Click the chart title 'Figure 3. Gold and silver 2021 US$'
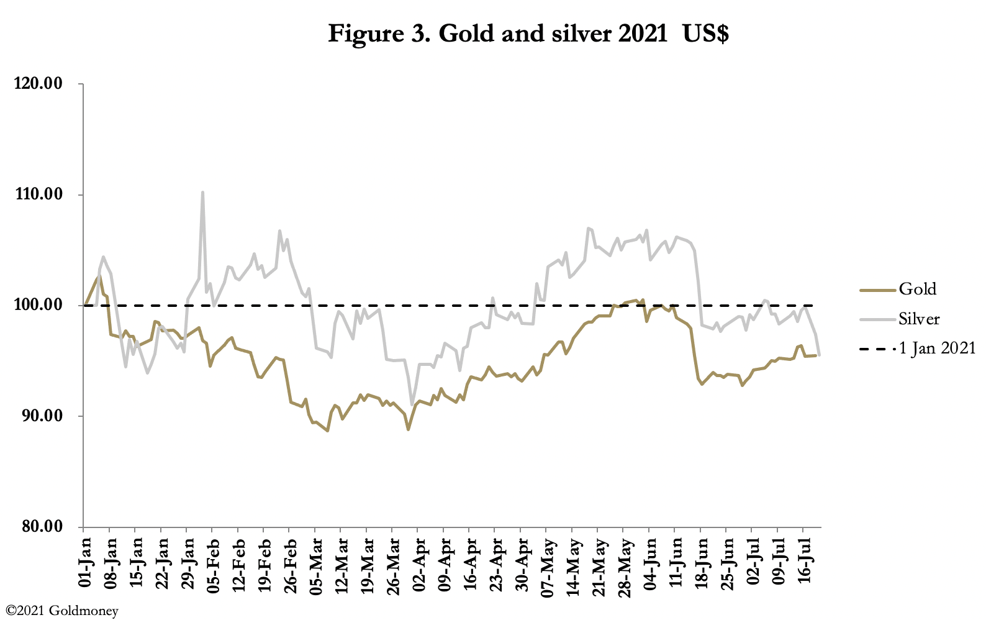(528, 34)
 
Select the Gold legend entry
(917, 289)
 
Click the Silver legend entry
(919, 319)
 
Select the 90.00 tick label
(41, 416)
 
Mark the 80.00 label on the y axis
(41, 526)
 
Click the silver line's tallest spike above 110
(202, 193)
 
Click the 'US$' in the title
(705, 34)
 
